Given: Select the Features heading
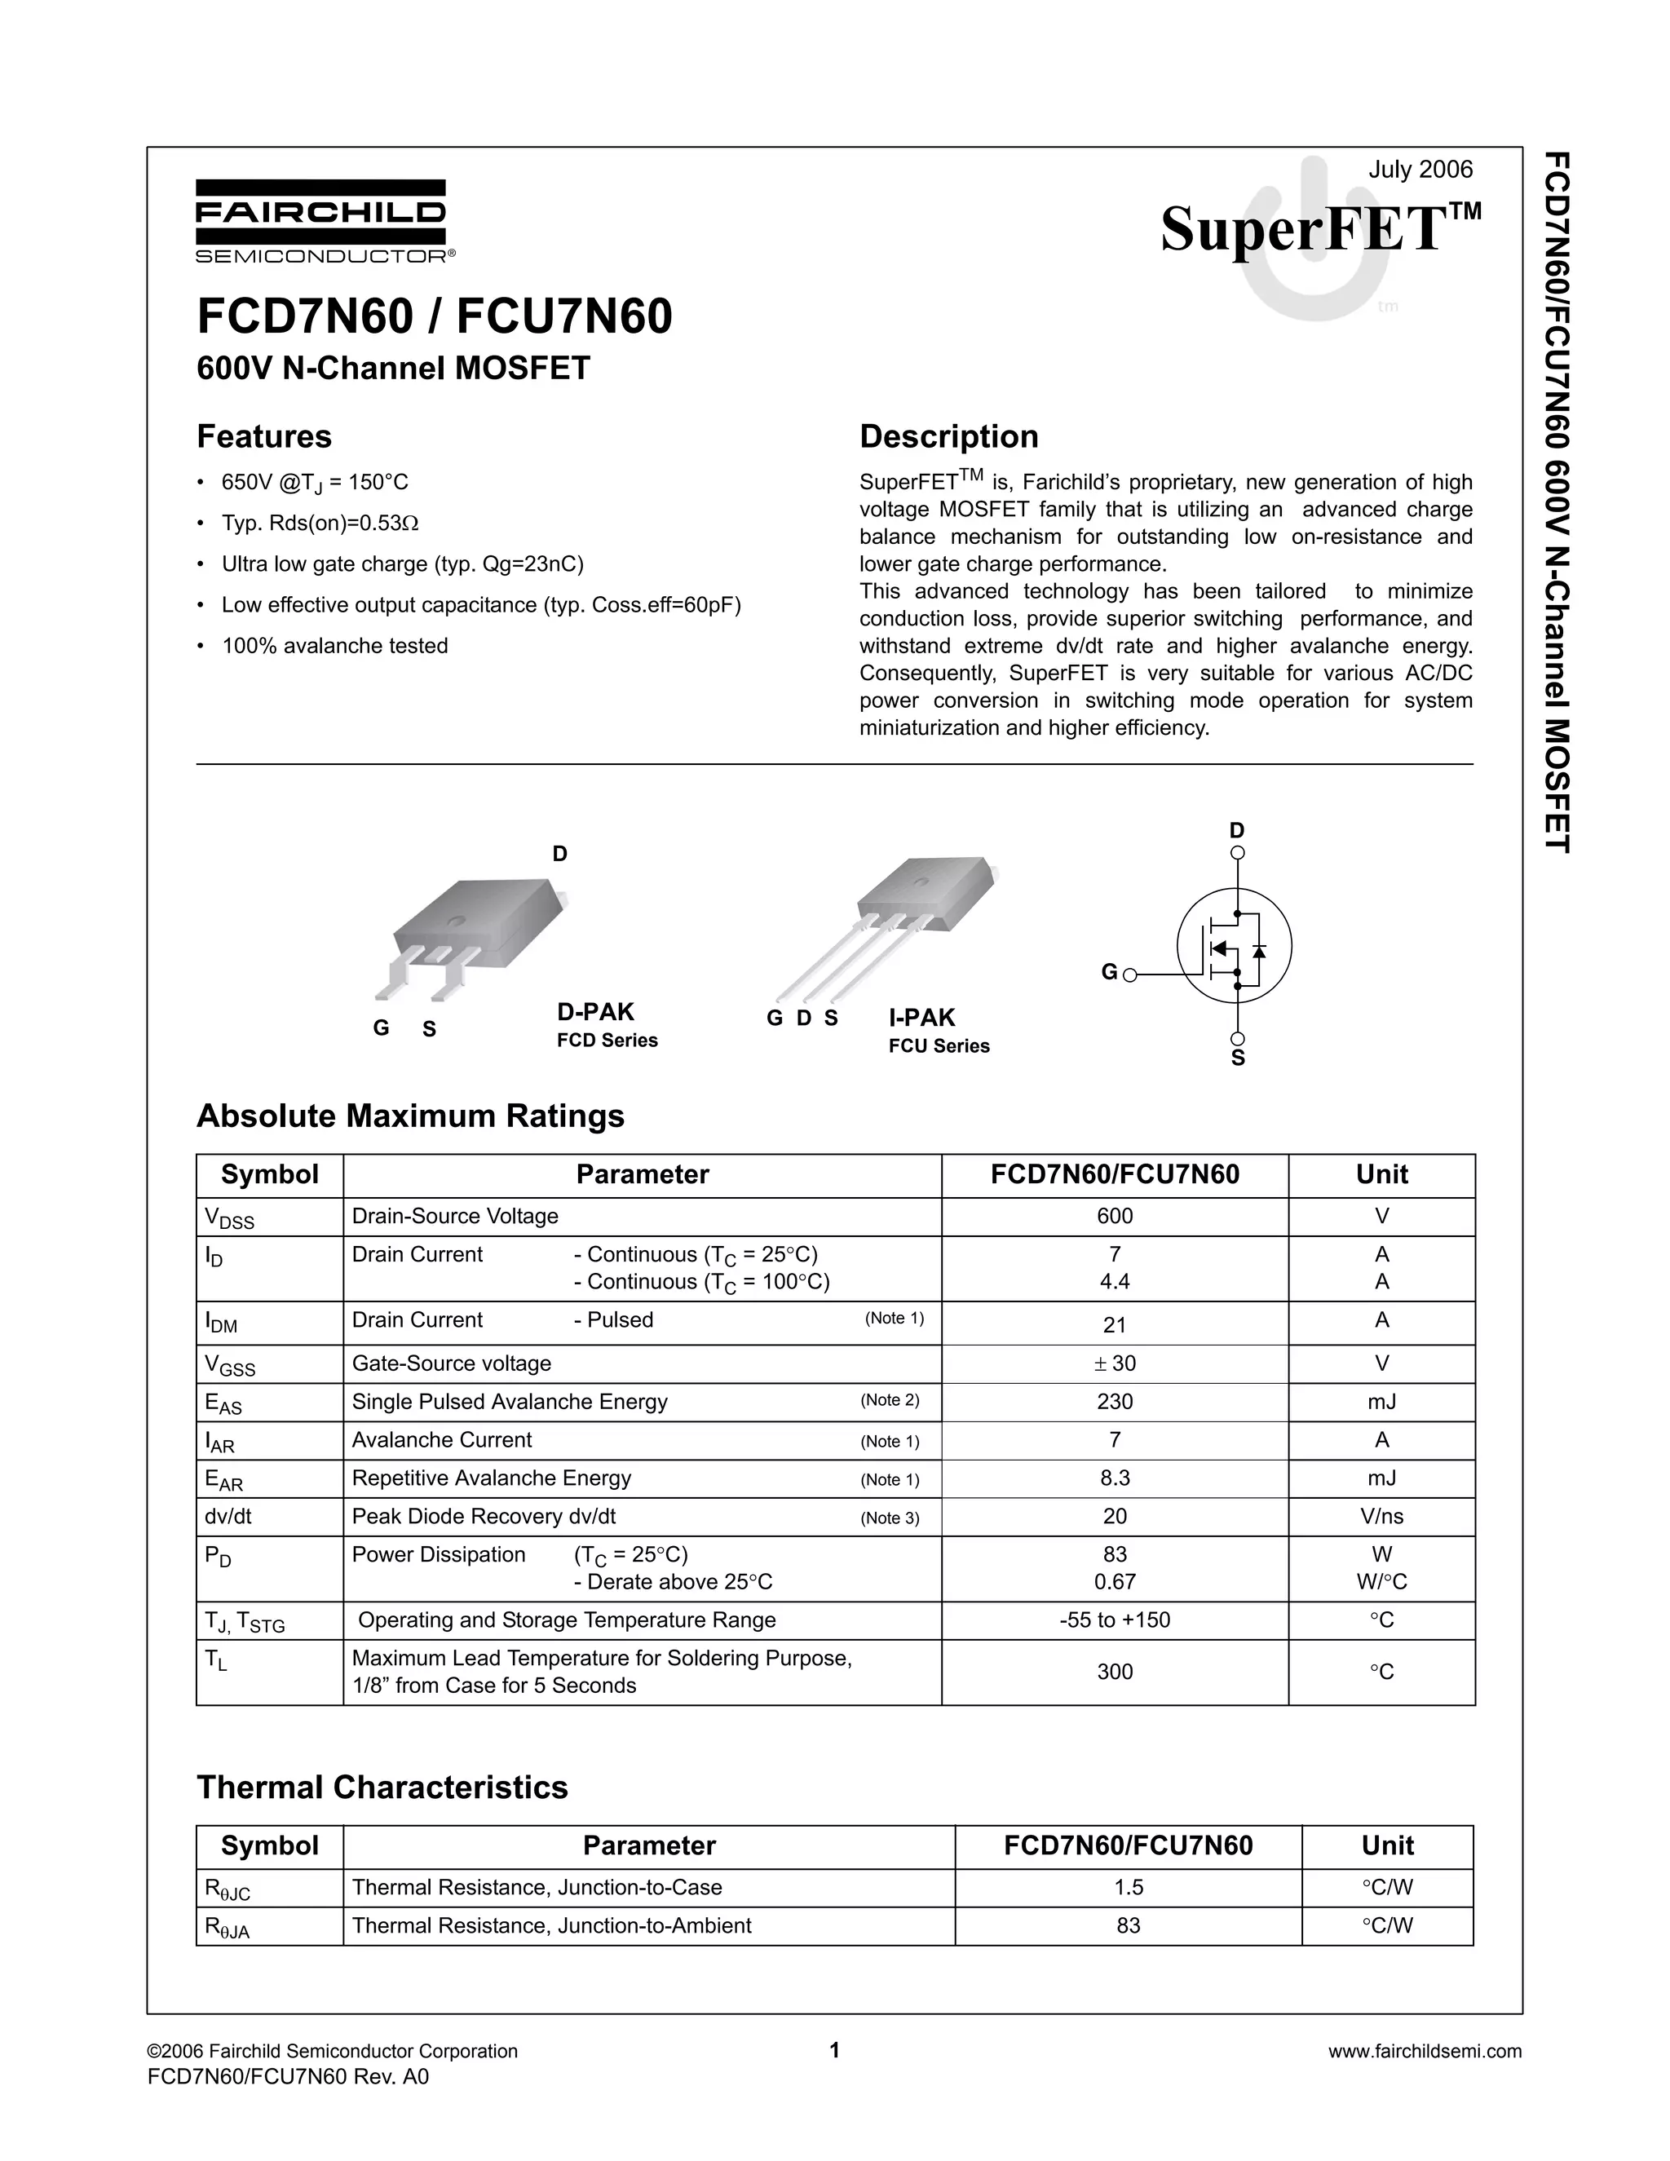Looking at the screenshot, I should (x=264, y=436).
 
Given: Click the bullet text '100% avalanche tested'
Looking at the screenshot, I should (x=334, y=646).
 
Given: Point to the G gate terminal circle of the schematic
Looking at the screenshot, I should (x=1130, y=974).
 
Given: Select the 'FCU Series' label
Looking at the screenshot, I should (x=938, y=1046).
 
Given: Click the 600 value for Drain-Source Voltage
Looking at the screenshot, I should (x=1114, y=1216).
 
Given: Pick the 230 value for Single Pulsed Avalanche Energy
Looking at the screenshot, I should (x=1114, y=1402).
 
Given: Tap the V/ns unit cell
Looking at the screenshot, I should (x=1381, y=1517).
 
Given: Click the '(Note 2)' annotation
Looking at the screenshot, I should (x=890, y=1400).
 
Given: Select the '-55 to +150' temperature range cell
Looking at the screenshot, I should (x=1114, y=1620).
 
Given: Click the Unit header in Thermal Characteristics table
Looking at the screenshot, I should (x=1387, y=1845).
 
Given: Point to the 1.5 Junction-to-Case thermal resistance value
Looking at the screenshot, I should (x=1128, y=1888).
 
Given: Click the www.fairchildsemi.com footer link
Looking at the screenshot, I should (x=1424, y=2051).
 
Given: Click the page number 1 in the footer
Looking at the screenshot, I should (x=834, y=2050).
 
